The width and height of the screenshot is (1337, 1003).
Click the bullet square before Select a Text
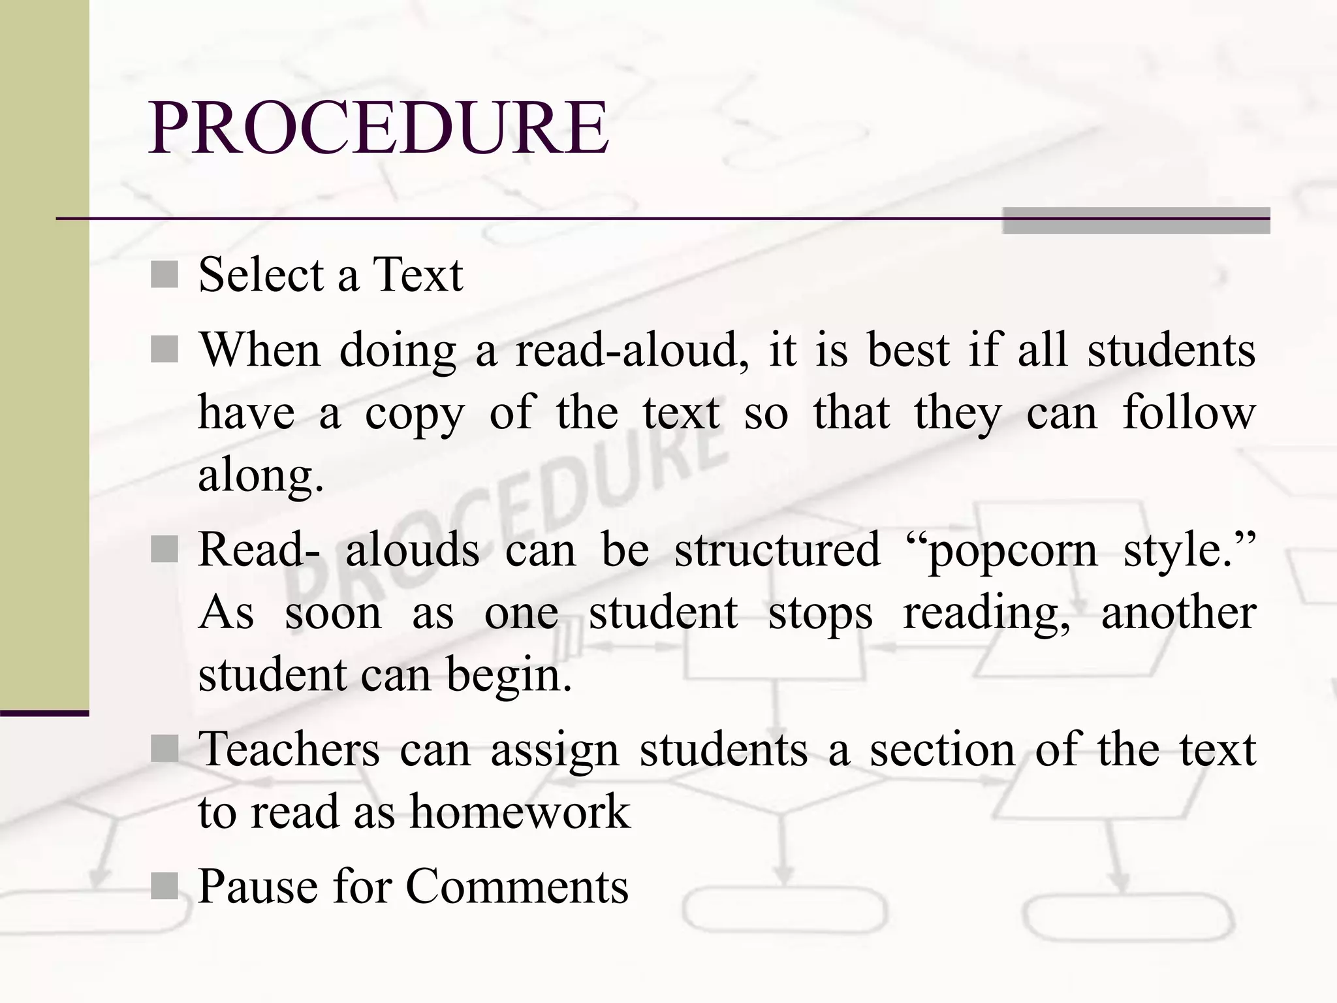pos(165,274)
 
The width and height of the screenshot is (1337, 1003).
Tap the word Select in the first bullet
pos(261,274)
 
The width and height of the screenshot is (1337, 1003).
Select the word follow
pos(1188,413)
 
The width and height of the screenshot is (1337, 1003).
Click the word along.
pos(260,477)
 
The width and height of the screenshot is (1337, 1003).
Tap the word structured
pos(777,550)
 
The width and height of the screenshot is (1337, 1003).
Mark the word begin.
pos(508,677)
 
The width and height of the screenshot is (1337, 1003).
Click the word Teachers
pos(289,749)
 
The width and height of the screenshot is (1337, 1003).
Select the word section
pos(942,749)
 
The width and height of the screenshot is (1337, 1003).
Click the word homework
pos(520,812)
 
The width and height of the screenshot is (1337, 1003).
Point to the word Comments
pos(517,887)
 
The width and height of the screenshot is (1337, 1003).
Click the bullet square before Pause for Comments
pos(165,886)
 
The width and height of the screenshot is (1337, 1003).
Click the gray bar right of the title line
pos(1136,221)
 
